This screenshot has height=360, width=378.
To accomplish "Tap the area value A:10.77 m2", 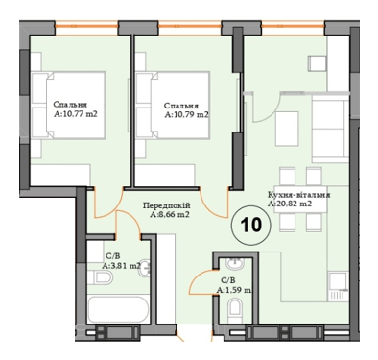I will tap(73, 114).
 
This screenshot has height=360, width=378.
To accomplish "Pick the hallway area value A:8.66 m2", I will tap(169, 216).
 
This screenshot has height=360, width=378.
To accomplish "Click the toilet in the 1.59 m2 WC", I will tap(235, 308).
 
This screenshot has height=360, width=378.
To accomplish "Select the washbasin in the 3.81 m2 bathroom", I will tap(145, 270).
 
